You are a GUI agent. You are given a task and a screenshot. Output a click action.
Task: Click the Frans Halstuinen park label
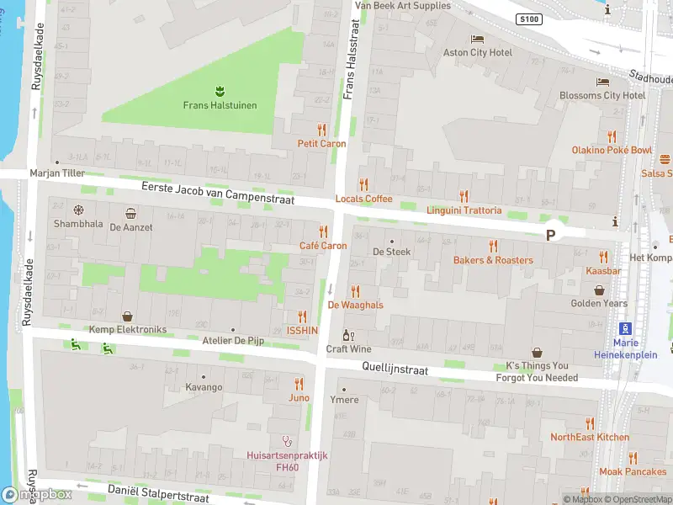[220, 105]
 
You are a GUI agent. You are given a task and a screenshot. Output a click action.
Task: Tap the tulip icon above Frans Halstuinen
[220, 90]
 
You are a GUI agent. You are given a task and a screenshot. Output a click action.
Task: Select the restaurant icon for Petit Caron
[321, 130]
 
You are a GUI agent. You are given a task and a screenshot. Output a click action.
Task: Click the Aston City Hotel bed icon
[478, 39]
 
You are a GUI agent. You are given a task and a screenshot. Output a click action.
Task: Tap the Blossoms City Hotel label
[602, 95]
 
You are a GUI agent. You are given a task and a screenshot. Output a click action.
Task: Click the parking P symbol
[551, 236]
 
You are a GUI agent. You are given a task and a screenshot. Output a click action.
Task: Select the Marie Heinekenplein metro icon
[625, 328]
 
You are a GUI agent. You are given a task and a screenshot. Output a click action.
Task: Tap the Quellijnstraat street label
[395, 369]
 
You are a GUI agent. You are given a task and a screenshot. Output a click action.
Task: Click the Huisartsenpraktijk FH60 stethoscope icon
[286, 440]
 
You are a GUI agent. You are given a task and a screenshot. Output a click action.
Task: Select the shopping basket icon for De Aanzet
[130, 214]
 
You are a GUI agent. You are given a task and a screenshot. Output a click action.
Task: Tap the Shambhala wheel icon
[78, 210]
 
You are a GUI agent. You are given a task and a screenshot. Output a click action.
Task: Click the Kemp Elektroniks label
[127, 330]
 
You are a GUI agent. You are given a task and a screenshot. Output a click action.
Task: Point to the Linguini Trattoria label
[464, 210]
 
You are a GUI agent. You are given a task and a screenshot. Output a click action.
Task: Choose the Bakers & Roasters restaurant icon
[493, 246]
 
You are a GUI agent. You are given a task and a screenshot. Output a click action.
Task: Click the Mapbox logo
[37, 495]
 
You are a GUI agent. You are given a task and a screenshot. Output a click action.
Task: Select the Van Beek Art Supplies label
[403, 6]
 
